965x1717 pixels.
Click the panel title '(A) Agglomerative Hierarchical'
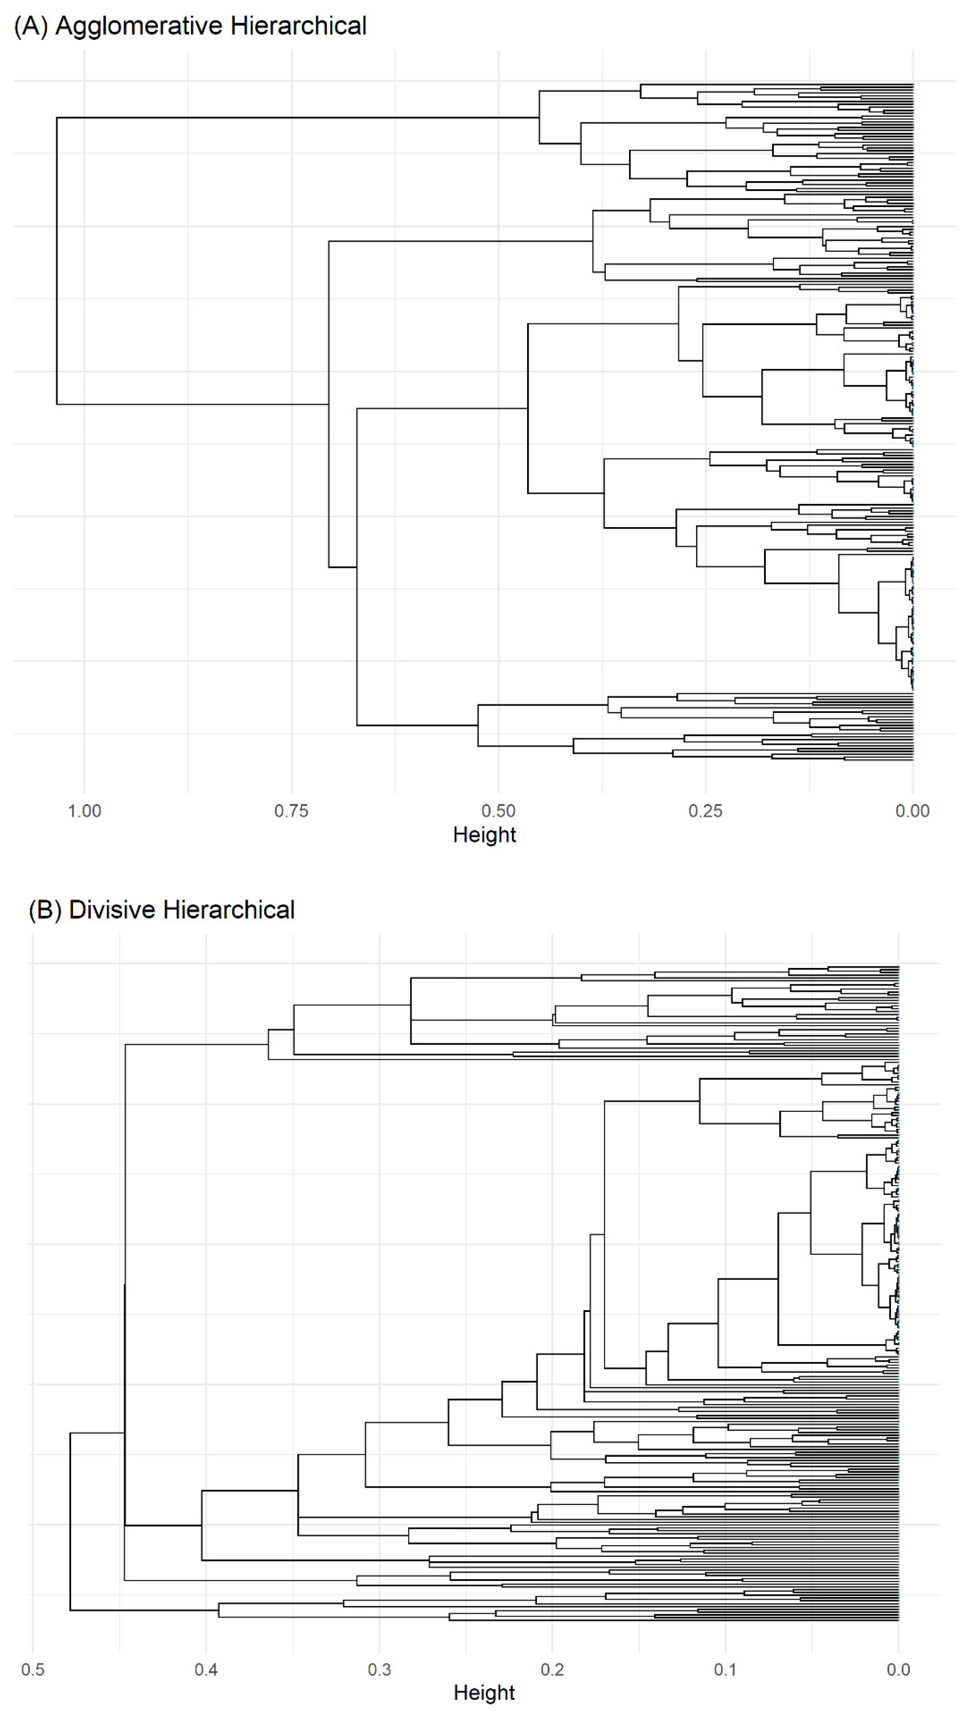pos(190,26)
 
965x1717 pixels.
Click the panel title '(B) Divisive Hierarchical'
pos(161,910)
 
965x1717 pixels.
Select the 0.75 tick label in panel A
pos(291,811)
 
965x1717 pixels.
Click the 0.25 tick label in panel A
pos(706,811)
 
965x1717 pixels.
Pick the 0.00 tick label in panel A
pos(912,811)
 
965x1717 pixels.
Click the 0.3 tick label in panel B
pos(379,1670)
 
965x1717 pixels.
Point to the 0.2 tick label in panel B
pos(552,1670)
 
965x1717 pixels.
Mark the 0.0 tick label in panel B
pos(898,1670)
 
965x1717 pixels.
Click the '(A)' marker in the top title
pos(31,26)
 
